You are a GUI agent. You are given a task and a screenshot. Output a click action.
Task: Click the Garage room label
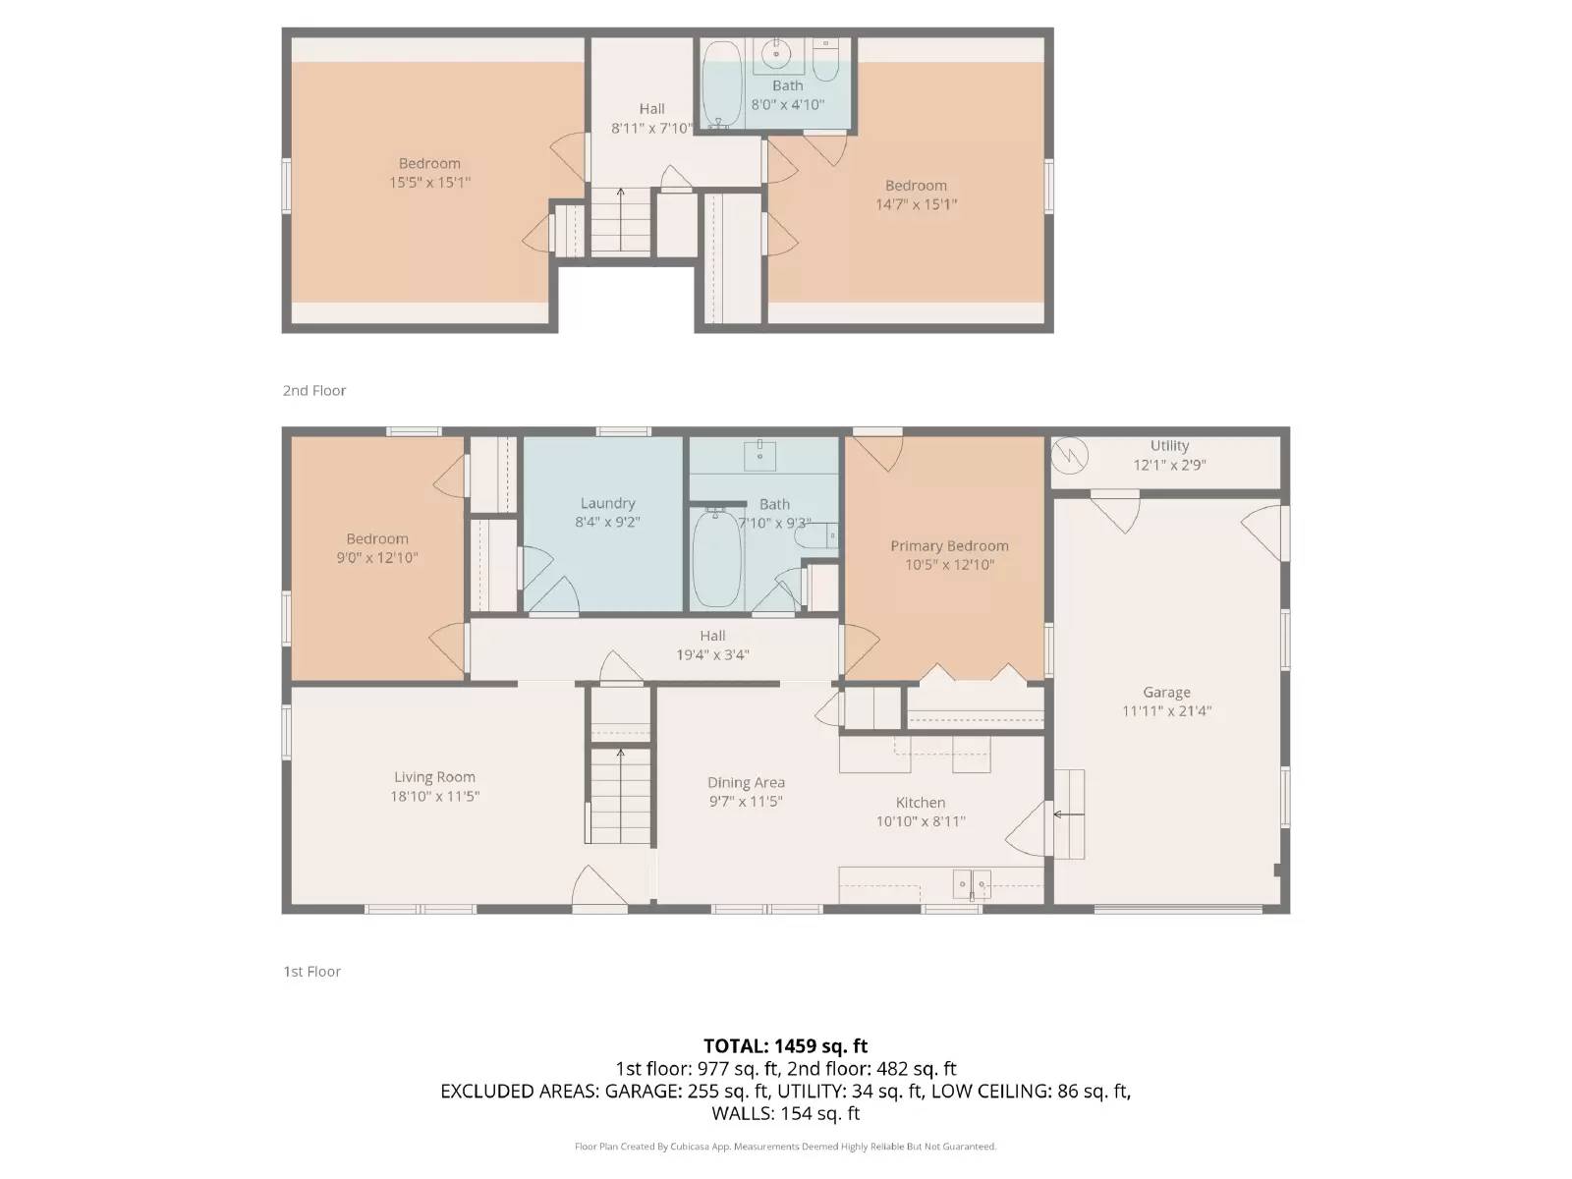point(1166,693)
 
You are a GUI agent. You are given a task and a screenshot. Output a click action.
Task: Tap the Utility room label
point(1169,445)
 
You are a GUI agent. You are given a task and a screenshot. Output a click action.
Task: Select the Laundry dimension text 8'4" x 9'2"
point(607,522)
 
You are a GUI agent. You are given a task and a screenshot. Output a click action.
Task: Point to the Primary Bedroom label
point(949,545)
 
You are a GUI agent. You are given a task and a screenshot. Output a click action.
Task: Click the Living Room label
point(434,777)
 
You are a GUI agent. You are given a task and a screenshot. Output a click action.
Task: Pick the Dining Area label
point(746,782)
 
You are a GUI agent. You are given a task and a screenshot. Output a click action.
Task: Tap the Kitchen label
point(921,803)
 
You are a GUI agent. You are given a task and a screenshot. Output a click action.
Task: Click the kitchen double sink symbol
point(972,885)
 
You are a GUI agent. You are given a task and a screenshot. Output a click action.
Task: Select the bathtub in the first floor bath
point(716,558)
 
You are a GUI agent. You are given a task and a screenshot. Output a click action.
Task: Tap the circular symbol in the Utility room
point(1070,455)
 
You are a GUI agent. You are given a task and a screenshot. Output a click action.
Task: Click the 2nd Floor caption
point(314,390)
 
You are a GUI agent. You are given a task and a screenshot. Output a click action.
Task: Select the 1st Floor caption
point(311,972)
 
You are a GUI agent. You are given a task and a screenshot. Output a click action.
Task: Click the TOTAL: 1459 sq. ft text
point(786,1045)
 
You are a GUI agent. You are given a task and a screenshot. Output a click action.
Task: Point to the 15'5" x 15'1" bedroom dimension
point(429,183)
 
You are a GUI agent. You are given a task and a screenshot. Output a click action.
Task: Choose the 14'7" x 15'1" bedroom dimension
point(916,204)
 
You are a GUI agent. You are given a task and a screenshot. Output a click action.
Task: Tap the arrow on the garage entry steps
point(1069,814)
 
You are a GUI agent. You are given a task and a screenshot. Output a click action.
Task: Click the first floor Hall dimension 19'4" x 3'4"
point(712,654)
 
